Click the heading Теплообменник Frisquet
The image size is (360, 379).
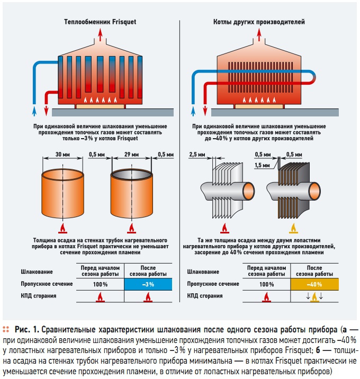[x=96, y=23]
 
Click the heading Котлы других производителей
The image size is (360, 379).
[x=258, y=23]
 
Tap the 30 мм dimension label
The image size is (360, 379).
[x=62, y=155]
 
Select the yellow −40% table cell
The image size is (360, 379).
[x=314, y=285]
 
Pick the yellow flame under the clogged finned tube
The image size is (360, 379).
[x=292, y=228]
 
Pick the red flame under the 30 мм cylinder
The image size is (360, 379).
[x=62, y=228]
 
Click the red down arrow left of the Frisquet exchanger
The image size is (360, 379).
[x=46, y=110]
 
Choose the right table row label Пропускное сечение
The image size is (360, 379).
[x=210, y=285]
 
